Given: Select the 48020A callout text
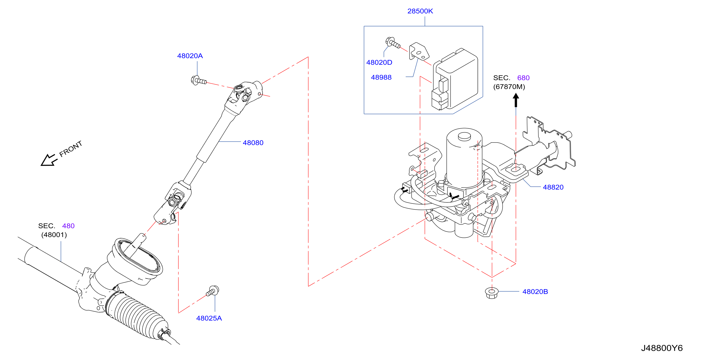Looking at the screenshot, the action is (x=190, y=56).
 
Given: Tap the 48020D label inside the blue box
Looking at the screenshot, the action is (x=379, y=62).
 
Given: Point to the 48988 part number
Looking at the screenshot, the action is (x=381, y=77).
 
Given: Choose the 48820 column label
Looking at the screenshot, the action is (x=553, y=187).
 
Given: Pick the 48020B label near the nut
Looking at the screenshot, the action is (x=535, y=291).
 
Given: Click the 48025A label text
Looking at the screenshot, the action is (x=209, y=318).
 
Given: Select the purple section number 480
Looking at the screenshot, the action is (x=68, y=226).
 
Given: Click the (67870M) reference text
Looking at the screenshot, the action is (x=509, y=87).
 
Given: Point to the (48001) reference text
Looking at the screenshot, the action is (x=54, y=235).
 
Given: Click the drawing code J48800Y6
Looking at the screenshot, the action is (x=662, y=348).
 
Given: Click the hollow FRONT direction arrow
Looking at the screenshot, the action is (x=49, y=160).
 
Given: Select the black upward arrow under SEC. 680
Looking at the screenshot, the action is (x=516, y=100).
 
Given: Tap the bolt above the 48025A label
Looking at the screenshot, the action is (x=213, y=291).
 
